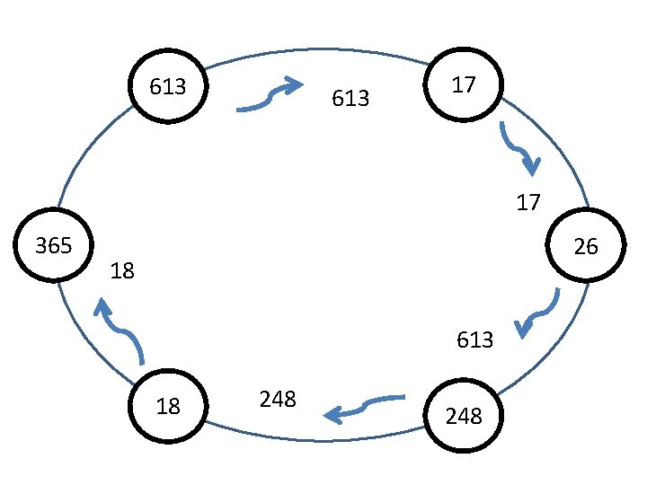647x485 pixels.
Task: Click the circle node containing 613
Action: [168, 87]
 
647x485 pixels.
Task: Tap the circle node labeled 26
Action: [586, 246]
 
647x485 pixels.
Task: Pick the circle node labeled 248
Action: [464, 416]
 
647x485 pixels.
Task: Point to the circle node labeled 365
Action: [53, 245]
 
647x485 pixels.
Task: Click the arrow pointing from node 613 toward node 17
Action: [270, 95]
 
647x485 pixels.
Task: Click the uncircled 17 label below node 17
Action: [528, 203]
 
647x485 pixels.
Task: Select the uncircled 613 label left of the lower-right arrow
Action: [474, 339]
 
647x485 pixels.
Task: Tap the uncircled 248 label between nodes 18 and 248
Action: [278, 399]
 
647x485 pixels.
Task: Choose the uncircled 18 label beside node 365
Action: [122, 270]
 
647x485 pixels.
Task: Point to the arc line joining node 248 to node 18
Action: [315, 440]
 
